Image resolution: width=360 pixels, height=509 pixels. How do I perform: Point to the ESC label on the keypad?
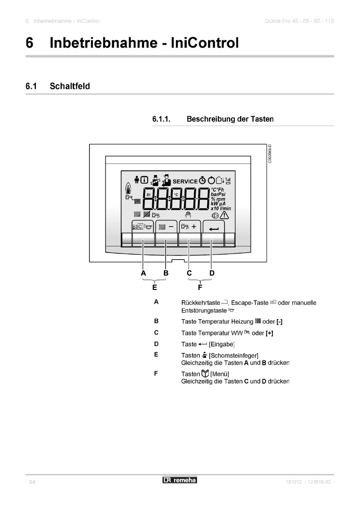tap(138, 227)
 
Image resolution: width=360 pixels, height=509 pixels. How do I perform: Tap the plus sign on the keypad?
tap(194, 227)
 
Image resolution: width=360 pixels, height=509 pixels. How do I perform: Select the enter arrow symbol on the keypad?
tap(213, 228)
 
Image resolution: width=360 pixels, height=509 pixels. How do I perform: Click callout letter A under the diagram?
tap(143, 273)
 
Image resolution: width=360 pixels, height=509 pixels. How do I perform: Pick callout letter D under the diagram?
tap(212, 273)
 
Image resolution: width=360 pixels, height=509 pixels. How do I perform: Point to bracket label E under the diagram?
tap(155, 286)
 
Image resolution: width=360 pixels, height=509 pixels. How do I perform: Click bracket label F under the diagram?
tap(200, 286)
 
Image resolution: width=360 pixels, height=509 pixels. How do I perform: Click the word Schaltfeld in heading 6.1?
tap(70, 86)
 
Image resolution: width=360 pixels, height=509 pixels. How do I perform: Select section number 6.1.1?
tap(162, 119)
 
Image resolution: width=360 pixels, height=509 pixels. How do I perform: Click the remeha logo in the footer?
tap(180, 480)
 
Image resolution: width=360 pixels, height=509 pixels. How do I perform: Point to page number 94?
tap(32, 482)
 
